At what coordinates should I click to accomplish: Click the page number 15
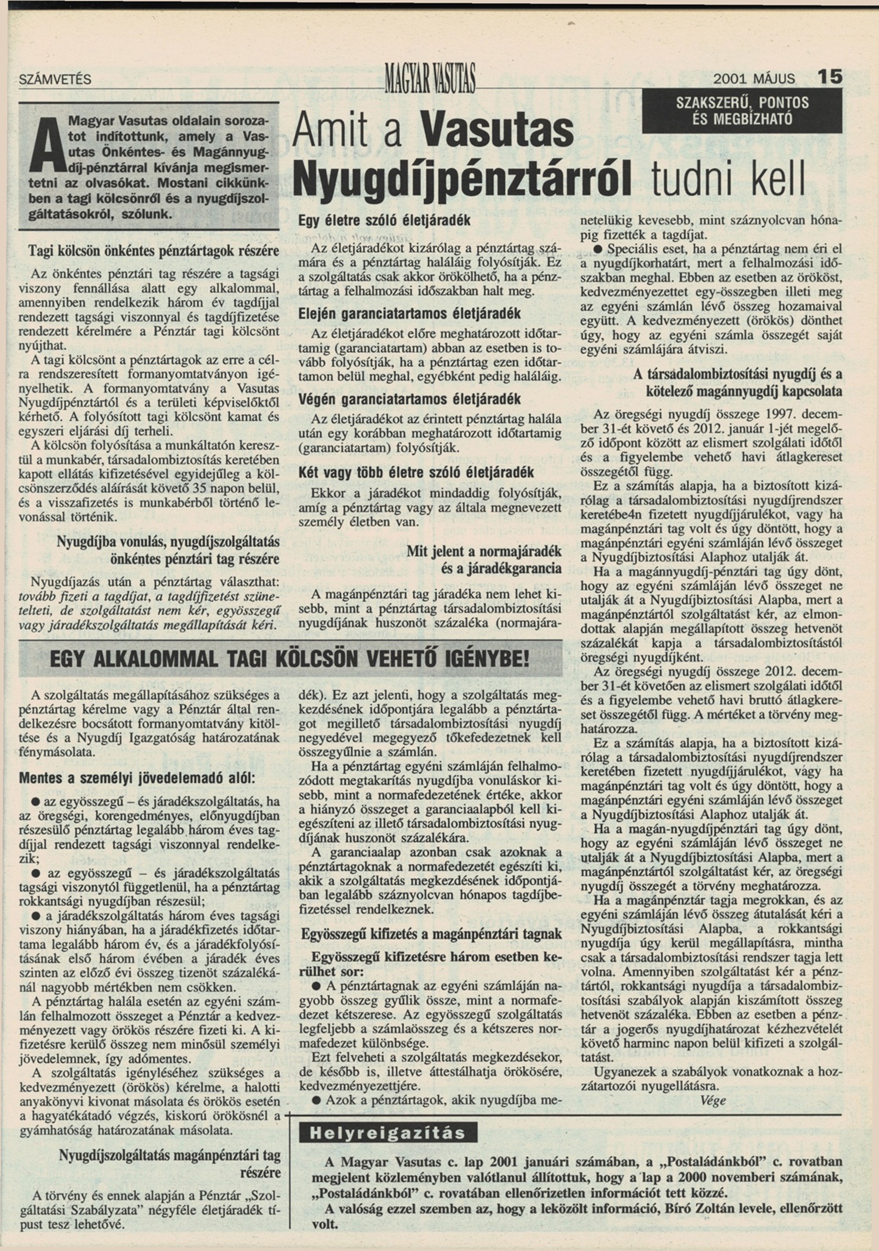(x=829, y=77)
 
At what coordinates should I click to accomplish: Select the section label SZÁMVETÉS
(x=55, y=80)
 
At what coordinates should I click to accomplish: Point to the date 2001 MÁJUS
(x=754, y=79)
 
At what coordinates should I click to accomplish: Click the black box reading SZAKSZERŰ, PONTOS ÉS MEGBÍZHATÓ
(x=742, y=111)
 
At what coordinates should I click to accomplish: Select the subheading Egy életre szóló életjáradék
(x=384, y=221)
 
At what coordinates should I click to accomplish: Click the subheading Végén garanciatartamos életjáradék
(x=409, y=400)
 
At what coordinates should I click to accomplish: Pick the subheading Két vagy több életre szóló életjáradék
(x=415, y=472)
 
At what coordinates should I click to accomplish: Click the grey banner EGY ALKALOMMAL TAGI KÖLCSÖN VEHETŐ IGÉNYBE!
(x=289, y=659)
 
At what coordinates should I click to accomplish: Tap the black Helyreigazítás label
(x=387, y=1133)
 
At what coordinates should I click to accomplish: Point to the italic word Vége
(x=713, y=1100)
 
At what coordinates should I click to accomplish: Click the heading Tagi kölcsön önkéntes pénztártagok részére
(x=154, y=251)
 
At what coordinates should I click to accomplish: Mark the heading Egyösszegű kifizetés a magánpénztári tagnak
(x=431, y=934)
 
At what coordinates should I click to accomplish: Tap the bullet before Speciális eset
(x=598, y=249)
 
